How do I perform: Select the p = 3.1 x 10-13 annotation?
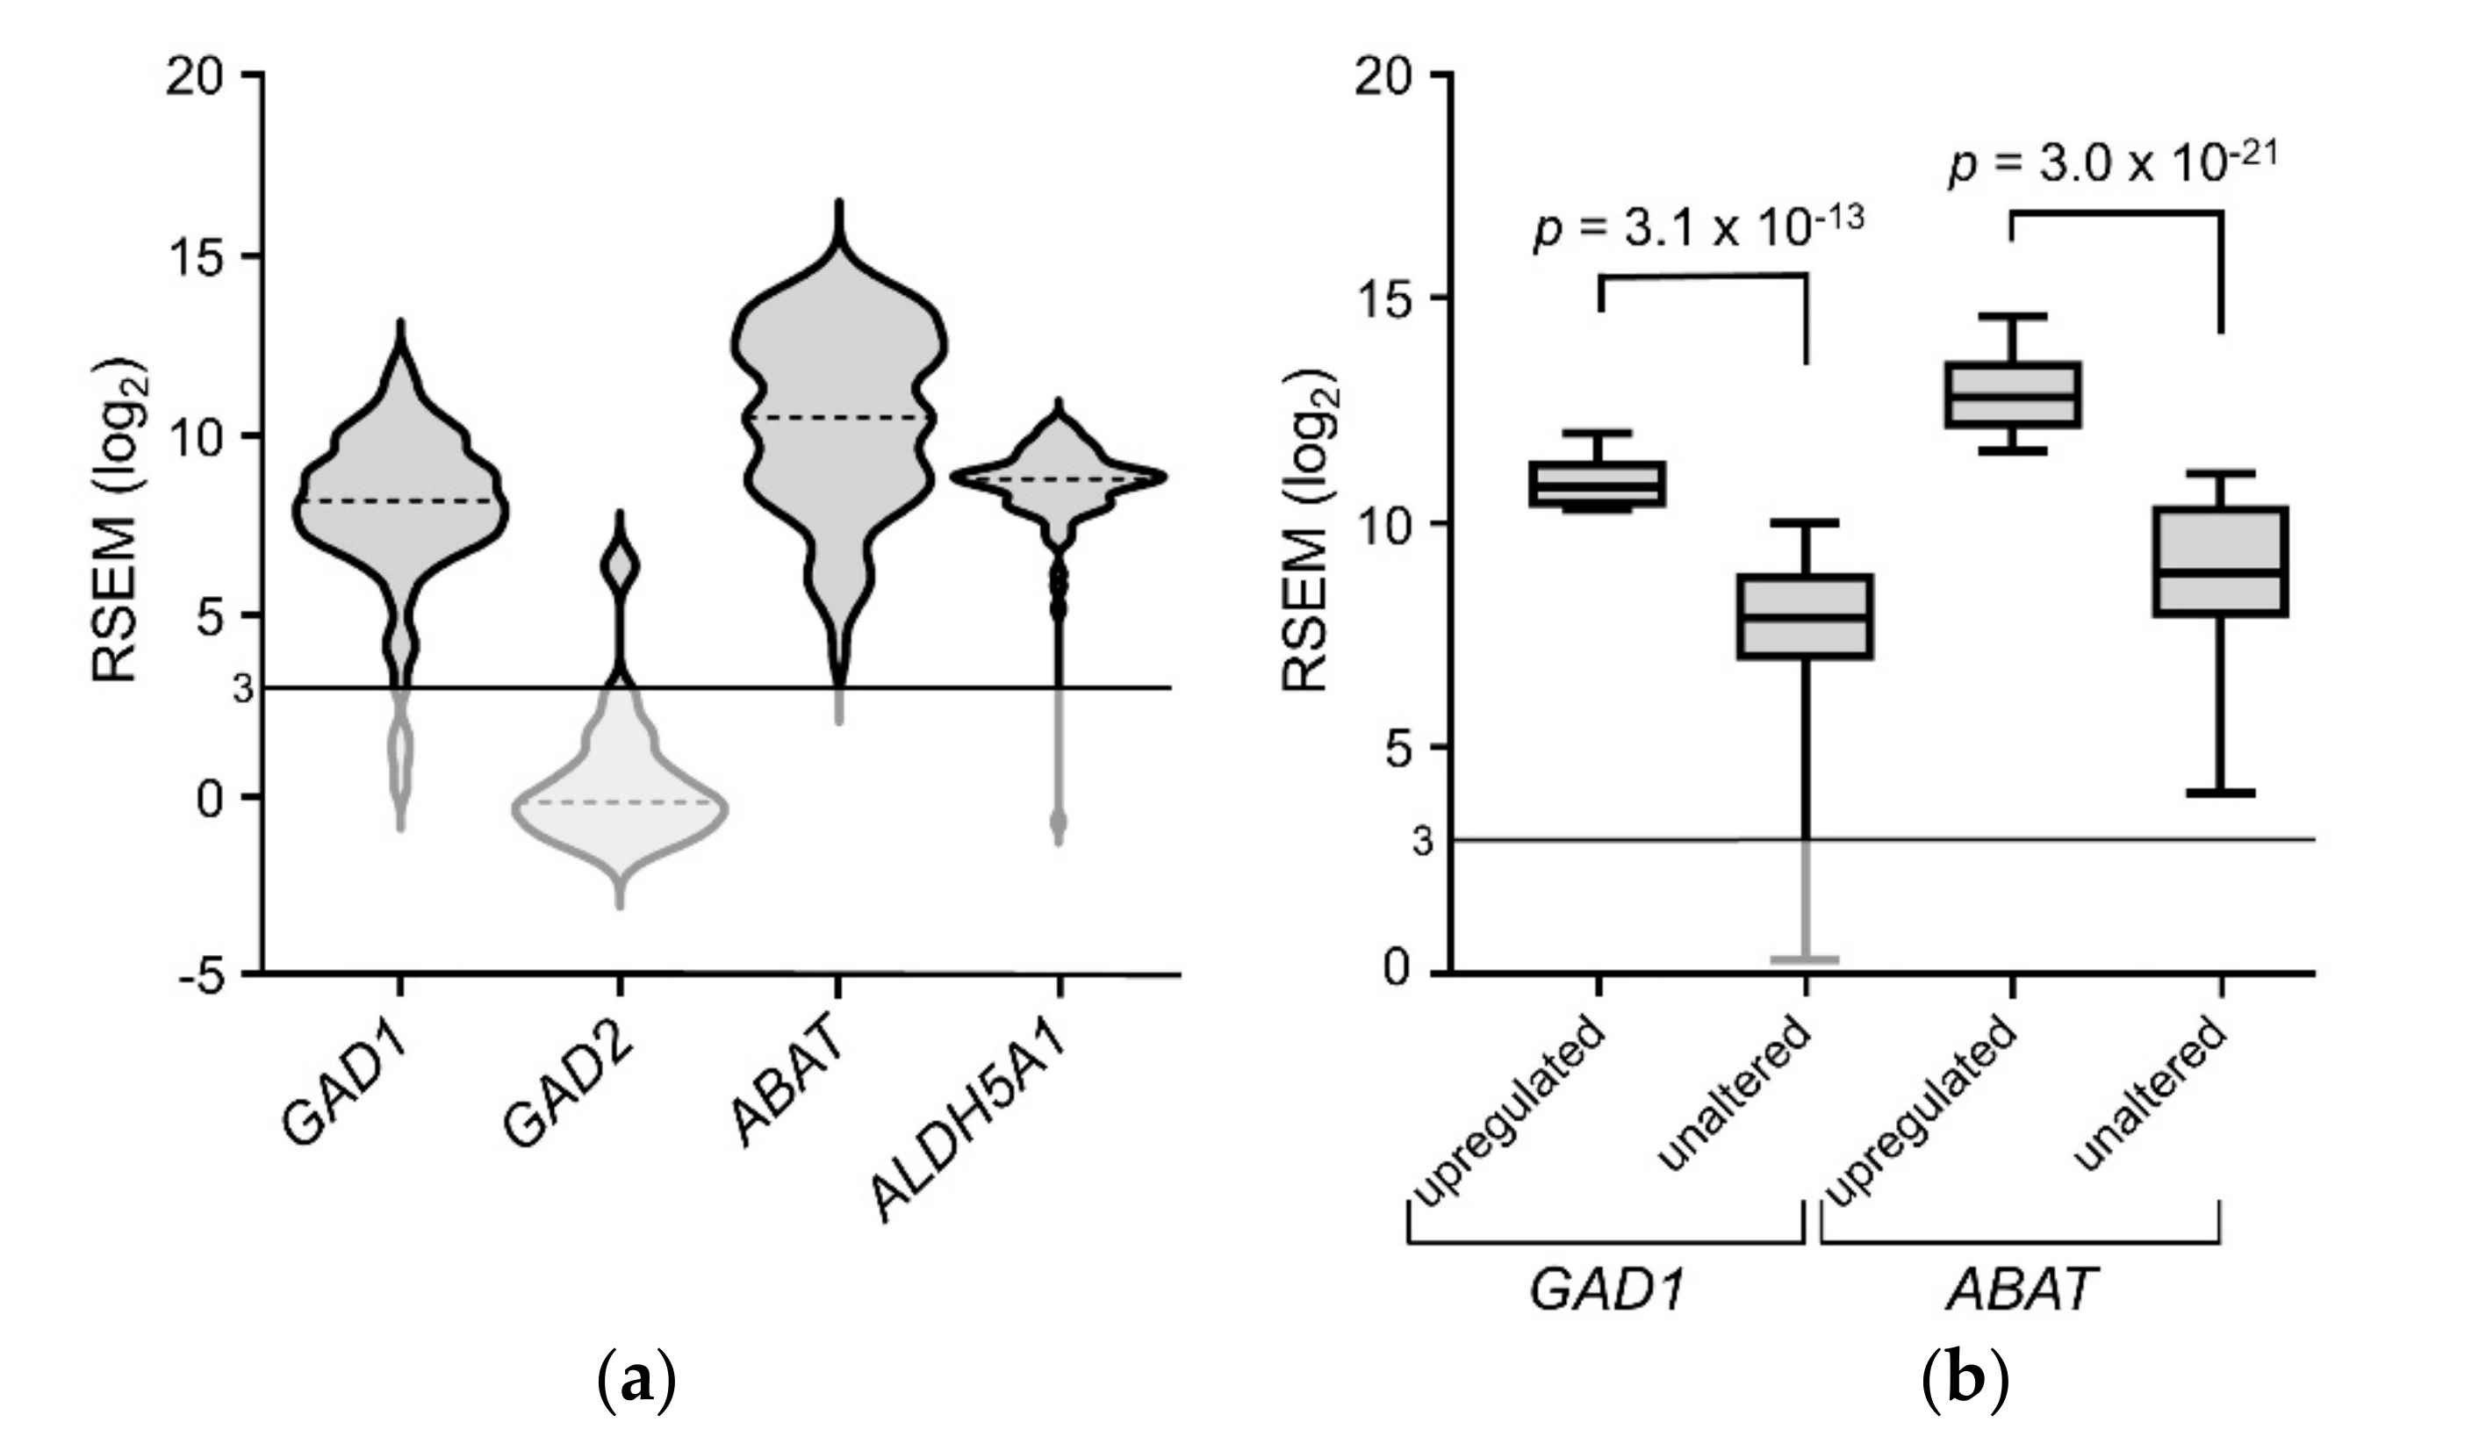1698,229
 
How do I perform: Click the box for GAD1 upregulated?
1597,485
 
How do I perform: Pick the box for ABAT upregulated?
2014,394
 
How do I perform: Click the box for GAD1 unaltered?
1807,616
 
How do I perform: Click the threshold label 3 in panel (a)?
244,688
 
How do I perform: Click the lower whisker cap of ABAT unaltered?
2220,793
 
